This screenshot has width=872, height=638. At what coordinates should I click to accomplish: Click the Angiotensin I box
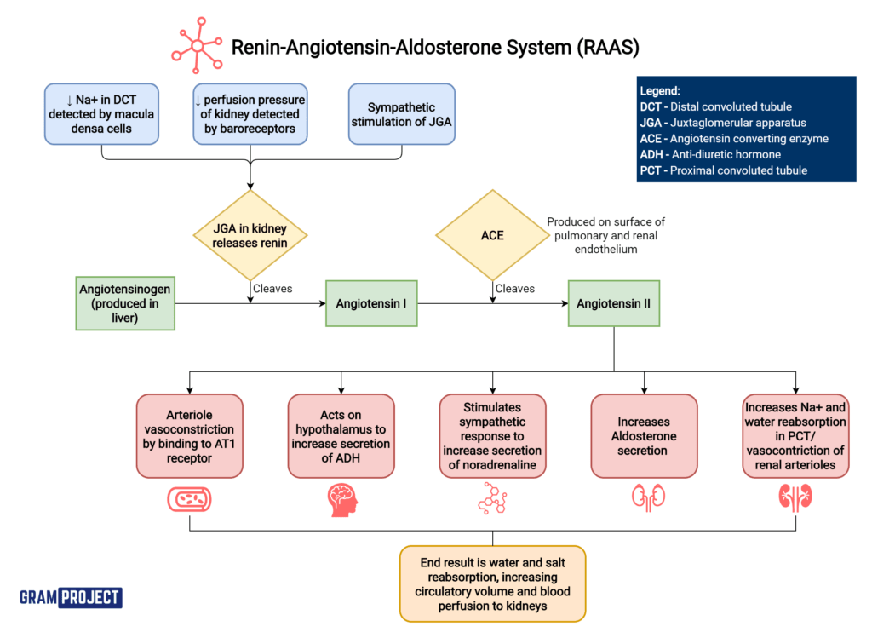[371, 304]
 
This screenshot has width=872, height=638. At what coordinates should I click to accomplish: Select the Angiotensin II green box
[613, 304]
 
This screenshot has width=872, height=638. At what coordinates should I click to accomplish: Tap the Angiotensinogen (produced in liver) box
[123, 304]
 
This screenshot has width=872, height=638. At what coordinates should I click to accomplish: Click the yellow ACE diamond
[492, 234]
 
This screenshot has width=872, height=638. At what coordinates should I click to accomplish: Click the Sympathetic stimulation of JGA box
[401, 114]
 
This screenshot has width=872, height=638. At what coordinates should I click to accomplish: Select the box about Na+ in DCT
[102, 114]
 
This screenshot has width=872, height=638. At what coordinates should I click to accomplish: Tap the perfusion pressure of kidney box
[250, 114]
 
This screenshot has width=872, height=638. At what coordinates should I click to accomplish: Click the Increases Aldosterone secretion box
[644, 435]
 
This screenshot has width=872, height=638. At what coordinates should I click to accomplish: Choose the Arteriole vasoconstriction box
[189, 435]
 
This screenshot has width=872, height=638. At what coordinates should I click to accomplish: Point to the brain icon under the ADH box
[341, 501]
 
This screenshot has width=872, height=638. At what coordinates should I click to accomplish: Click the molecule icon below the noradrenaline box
[492, 500]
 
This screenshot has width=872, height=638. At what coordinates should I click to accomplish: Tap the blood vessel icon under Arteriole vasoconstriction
[189, 501]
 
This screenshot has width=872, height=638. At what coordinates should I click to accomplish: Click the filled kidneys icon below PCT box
[795, 500]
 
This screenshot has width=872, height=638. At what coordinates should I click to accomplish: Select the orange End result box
[492, 583]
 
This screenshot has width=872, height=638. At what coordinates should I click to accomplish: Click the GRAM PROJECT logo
[71, 597]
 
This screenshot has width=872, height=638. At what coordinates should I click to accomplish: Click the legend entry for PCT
[723, 170]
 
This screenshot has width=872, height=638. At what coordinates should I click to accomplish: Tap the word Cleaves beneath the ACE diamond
[515, 289]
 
